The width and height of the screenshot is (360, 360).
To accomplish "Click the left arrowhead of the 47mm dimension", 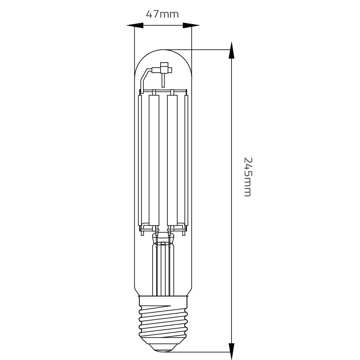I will click(x=135, y=26).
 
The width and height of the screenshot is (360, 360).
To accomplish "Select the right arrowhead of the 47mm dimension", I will click(x=191, y=26).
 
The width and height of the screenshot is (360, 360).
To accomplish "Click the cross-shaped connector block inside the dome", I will click(x=164, y=68).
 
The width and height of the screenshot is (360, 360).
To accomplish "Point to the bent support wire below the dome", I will click(x=144, y=79).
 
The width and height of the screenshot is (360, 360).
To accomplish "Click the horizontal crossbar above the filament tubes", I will click(x=163, y=90).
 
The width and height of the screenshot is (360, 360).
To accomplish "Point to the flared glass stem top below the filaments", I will click(x=163, y=238).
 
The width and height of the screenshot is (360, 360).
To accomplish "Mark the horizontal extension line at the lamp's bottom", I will click(x=202, y=352).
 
